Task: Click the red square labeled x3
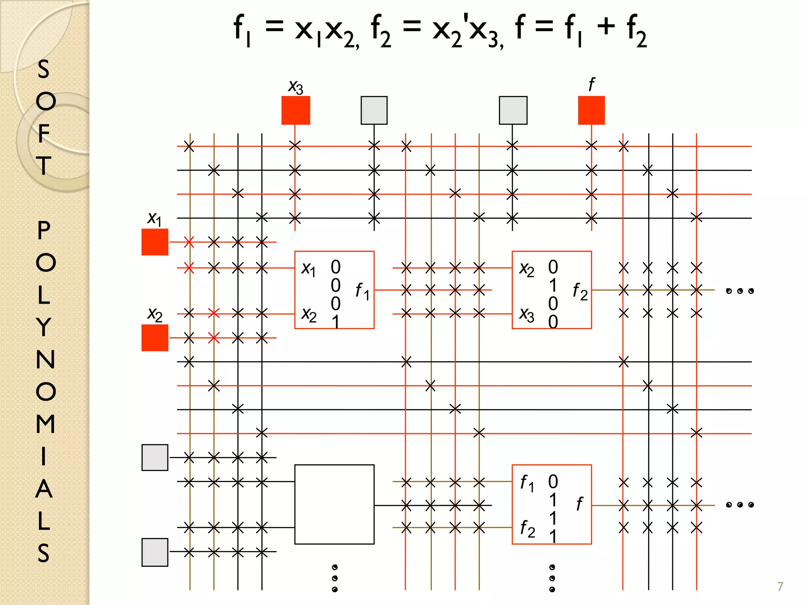(296, 110)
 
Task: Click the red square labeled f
(591, 110)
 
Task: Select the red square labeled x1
(155, 242)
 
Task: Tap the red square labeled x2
(155, 338)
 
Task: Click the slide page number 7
(780, 586)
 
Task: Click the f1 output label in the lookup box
(362, 291)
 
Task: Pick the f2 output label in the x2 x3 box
(580, 291)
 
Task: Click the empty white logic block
(334, 504)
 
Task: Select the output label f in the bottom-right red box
(579, 504)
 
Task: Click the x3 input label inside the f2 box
(527, 315)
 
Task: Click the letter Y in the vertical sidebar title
(44, 327)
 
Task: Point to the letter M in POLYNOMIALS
(45, 424)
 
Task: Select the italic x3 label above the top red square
(296, 87)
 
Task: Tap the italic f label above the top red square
(591, 84)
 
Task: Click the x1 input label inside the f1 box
(309, 269)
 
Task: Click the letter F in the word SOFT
(44, 133)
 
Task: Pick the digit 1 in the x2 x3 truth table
(553, 285)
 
